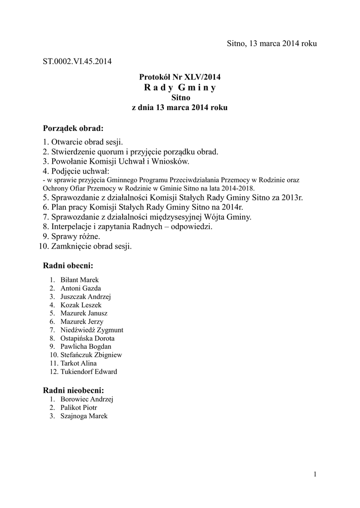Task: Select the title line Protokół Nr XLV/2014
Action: [179, 77]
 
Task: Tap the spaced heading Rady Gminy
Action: [180, 88]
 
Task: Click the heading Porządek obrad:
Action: [73, 128]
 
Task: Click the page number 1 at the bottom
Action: [315, 475]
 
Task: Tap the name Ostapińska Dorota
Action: [84, 338]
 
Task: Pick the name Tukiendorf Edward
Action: [89, 372]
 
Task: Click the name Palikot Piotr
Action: [78, 408]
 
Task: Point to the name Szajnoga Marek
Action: [84, 416]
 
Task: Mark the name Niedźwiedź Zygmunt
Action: [92, 330]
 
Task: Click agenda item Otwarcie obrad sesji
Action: [86, 142]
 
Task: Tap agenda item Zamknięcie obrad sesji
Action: [91, 246]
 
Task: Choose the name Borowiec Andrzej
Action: [87, 399]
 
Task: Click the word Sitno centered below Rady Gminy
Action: [180, 98]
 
